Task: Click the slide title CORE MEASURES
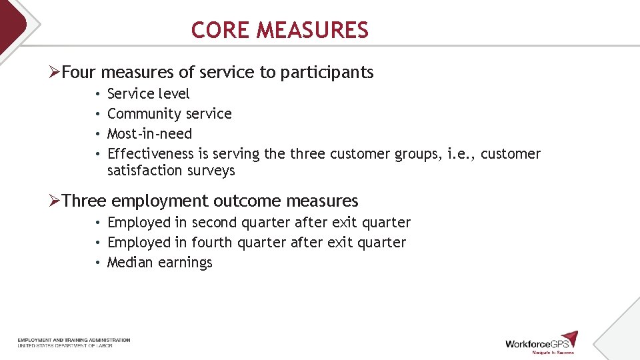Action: (279, 30)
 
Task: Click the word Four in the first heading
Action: (79, 72)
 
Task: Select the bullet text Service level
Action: (148, 94)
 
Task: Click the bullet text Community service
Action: (169, 114)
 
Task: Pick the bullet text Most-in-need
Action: (149, 134)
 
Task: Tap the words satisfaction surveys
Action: (171, 171)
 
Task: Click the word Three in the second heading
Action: (84, 201)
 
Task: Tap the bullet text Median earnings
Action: (159, 263)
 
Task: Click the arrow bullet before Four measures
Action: (55, 72)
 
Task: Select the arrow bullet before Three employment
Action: (55, 201)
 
